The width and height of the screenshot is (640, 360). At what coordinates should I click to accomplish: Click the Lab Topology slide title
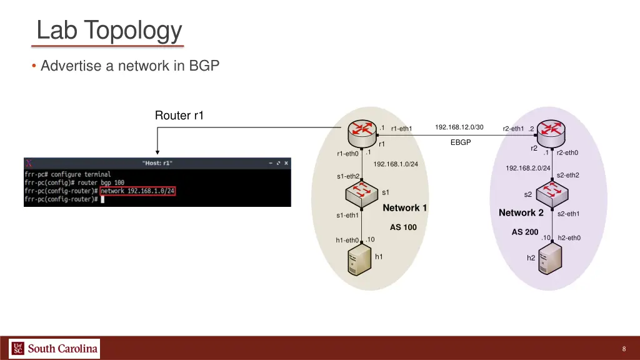[x=109, y=30]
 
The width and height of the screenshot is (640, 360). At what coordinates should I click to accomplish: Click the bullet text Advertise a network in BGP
[x=130, y=66]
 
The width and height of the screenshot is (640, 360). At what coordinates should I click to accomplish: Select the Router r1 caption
[x=179, y=116]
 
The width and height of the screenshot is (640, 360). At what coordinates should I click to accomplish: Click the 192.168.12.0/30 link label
[x=459, y=127]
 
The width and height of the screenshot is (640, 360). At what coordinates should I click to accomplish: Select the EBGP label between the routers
[x=461, y=142]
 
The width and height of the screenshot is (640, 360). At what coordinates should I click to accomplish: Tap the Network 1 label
[x=404, y=207]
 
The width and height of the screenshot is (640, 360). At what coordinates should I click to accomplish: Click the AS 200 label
[x=524, y=232]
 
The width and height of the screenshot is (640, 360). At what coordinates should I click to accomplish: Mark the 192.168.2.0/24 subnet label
[x=527, y=168]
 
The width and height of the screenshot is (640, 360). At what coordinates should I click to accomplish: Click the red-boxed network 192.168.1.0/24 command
[x=137, y=191]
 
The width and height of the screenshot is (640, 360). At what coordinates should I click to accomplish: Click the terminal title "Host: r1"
[x=157, y=163]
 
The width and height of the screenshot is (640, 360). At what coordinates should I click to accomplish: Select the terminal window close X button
[x=286, y=162]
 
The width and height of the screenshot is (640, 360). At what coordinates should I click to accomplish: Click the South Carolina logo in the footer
[x=54, y=348]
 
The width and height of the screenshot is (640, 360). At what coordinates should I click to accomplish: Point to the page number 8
[x=624, y=349]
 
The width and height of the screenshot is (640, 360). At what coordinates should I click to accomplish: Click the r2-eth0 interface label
[x=567, y=152]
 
